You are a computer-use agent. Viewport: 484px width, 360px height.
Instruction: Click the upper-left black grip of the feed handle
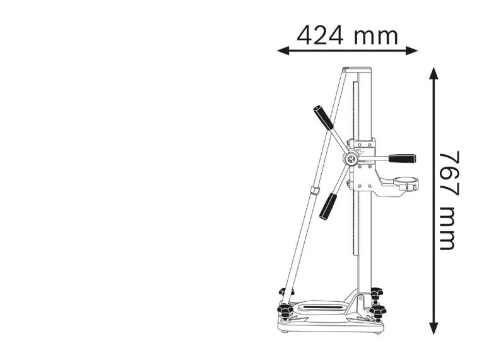point(322,117)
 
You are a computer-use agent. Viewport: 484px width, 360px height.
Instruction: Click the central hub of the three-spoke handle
point(351,158)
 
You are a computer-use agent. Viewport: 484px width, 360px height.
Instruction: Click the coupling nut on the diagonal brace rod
point(314,191)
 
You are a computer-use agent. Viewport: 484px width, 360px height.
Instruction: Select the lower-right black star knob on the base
point(377,312)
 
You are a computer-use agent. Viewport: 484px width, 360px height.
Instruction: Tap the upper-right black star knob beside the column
point(376,294)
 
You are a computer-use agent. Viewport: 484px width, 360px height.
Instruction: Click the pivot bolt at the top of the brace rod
point(345,69)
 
